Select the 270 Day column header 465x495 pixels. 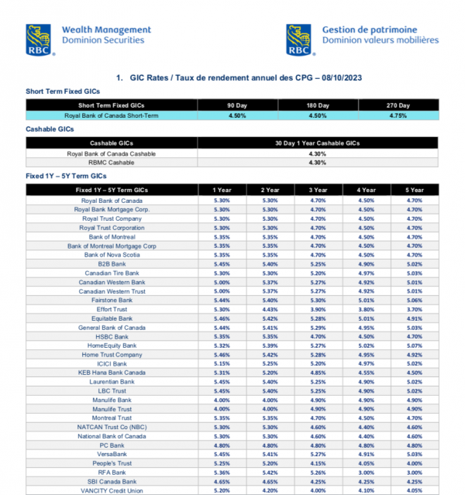[x=397, y=105]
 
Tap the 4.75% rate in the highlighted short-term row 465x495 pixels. [x=397, y=115]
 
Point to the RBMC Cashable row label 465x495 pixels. [x=112, y=162]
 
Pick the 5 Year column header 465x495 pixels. [x=415, y=190]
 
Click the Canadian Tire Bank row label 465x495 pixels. [x=112, y=273]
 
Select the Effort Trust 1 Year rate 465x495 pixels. [x=220, y=309]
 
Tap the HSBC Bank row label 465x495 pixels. [x=112, y=336]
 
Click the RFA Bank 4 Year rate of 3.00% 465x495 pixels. [x=367, y=472]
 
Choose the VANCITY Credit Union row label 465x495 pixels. [x=112, y=490]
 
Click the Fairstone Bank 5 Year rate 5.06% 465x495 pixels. [x=415, y=300]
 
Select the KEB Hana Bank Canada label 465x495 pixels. [x=112, y=373]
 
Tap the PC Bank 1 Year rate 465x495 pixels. [x=220, y=445]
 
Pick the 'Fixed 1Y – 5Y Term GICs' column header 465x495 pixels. [x=112, y=190]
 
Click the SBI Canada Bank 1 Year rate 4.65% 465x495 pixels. [x=220, y=481]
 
